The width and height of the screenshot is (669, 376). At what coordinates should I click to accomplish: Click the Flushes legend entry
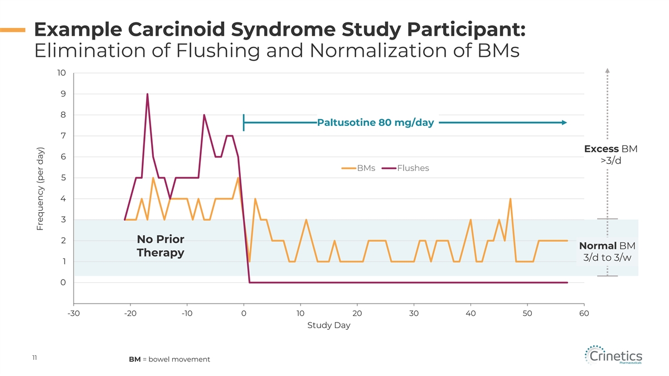[413, 168]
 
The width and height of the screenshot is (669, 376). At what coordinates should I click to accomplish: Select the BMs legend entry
[366, 168]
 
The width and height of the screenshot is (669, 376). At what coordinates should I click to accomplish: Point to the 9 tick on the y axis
[62, 94]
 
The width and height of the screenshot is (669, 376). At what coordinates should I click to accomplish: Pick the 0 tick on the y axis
[63, 282]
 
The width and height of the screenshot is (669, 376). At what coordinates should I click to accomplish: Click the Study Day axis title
[328, 325]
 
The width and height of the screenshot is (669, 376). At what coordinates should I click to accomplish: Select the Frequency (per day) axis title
[40, 188]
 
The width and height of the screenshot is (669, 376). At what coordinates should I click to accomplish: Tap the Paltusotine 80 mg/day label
[375, 123]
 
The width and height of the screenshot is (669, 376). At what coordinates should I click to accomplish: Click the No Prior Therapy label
[161, 246]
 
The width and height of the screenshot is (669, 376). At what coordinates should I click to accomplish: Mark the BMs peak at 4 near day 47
[510, 199]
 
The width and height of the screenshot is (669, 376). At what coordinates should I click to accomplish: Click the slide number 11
[34, 358]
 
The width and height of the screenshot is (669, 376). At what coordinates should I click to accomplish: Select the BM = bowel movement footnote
[169, 359]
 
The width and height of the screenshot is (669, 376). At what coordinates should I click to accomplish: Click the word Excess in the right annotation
[601, 149]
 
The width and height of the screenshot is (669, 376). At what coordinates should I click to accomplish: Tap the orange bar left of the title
[12, 30]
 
